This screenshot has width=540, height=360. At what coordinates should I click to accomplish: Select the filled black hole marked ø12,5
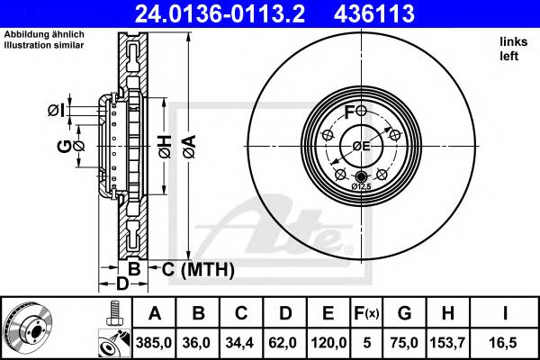(x=361, y=175)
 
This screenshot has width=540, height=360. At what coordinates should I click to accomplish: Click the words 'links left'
(x=510, y=49)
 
